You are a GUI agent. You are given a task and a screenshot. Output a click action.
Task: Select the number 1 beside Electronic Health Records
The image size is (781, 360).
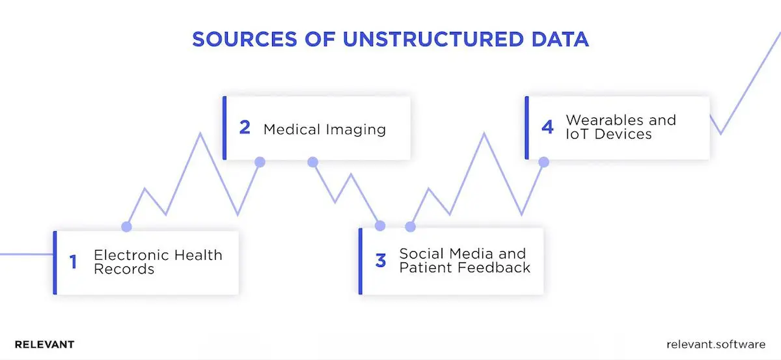tap(73, 262)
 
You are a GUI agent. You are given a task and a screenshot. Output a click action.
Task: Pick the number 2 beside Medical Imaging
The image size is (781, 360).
tap(245, 128)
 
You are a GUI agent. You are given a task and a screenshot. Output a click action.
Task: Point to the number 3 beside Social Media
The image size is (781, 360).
tap(381, 261)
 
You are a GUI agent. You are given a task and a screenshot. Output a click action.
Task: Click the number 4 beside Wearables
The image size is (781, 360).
tap(547, 128)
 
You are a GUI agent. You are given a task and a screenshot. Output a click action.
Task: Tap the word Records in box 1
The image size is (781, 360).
tap(124, 269)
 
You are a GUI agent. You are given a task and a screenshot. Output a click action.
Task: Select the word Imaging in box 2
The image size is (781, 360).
tap(355, 129)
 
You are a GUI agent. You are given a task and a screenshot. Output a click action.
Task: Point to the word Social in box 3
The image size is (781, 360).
tap(420, 254)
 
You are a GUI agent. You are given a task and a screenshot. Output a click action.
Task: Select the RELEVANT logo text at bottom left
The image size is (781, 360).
tap(44, 344)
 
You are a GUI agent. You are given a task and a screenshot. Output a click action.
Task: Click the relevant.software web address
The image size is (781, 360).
tap(716, 344)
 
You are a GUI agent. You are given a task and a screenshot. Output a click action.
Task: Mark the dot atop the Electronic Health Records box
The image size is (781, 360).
tap(126, 227)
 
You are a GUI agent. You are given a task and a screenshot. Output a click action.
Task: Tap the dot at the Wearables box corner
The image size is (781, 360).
tap(543, 161)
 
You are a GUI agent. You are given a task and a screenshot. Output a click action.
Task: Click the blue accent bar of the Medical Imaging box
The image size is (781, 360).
tap(225, 128)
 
